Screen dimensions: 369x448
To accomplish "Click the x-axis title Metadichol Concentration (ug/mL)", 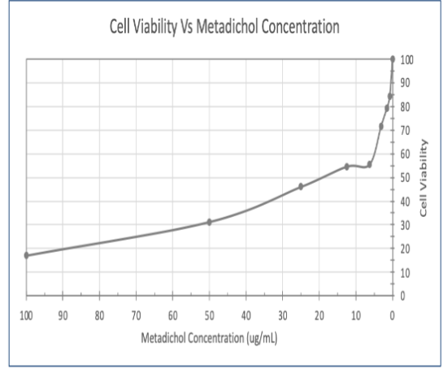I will pyautogui.click(x=209, y=337).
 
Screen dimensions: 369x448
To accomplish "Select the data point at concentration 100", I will pyautogui.click(x=26, y=255).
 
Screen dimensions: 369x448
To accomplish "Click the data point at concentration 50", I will pyautogui.click(x=209, y=222).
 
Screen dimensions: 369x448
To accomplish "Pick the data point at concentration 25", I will pyautogui.click(x=301, y=186).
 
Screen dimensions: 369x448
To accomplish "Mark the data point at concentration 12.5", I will pyautogui.click(x=346, y=167).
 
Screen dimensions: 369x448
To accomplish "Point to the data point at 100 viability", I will pyautogui.click(x=393, y=59).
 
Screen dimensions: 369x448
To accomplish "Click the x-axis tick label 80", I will pyautogui.click(x=99, y=315).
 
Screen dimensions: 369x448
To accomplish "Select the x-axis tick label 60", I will pyautogui.click(x=172, y=315).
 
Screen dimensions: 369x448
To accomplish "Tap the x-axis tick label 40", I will pyautogui.click(x=246, y=315).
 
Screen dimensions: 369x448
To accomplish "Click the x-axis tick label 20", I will pyautogui.click(x=319, y=315).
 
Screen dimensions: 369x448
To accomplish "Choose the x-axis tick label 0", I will pyautogui.click(x=392, y=315).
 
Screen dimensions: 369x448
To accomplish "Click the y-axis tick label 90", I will pyautogui.click(x=405, y=83).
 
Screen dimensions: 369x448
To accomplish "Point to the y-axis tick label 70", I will pyautogui.click(x=405, y=130).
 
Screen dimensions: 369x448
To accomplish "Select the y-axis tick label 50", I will pyautogui.click(x=405, y=178).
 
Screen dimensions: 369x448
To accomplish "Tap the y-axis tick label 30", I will pyautogui.click(x=405, y=225).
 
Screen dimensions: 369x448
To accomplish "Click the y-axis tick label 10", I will pyautogui.click(x=405, y=273).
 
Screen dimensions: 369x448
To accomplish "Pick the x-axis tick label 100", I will pyautogui.click(x=26, y=315).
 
